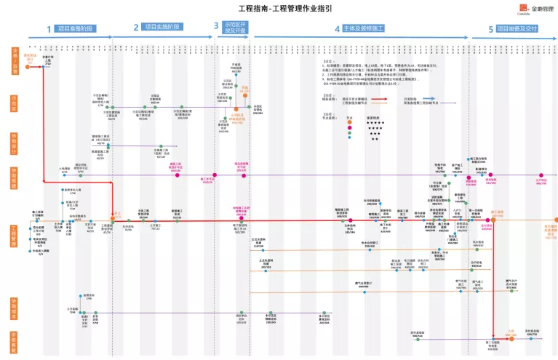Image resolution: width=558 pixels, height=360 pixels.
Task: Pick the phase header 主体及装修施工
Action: [364, 28]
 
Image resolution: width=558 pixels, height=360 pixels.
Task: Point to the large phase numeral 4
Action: [337, 28]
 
